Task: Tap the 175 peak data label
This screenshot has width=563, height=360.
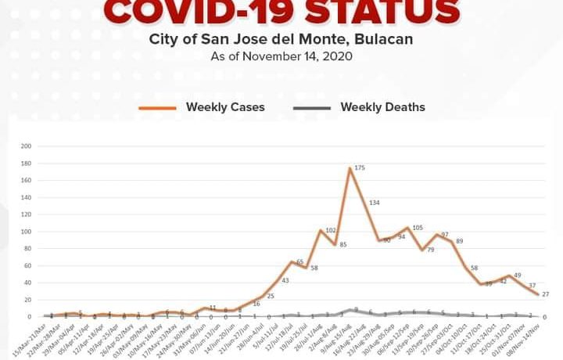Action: (x=360, y=167)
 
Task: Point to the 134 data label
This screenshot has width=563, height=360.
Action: (x=375, y=203)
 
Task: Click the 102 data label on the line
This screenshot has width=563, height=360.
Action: (x=330, y=230)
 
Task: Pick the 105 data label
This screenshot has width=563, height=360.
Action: (x=418, y=228)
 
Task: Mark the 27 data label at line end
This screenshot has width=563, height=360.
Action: (x=547, y=293)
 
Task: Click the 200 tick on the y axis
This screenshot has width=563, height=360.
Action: (x=27, y=146)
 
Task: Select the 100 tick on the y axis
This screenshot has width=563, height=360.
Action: (x=27, y=232)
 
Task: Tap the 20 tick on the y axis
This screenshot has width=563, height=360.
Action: (x=28, y=300)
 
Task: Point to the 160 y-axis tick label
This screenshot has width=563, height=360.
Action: (x=27, y=181)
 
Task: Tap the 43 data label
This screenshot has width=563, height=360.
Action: (x=285, y=280)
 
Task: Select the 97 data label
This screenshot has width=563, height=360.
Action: (x=444, y=235)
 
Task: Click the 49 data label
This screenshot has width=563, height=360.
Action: (x=517, y=275)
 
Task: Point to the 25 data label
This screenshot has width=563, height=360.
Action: (x=271, y=296)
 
